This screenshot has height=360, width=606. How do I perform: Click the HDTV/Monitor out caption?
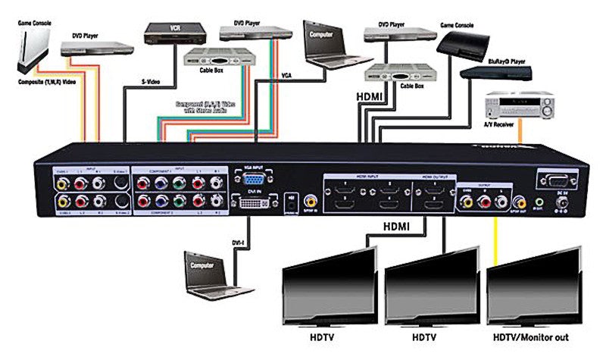click(x=530, y=337)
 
